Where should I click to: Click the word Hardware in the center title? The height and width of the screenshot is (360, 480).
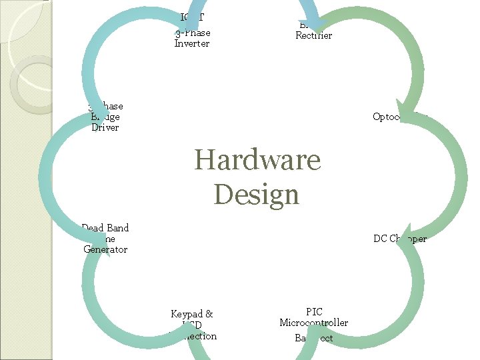(x=257, y=160)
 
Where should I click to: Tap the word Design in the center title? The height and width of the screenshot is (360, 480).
(x=257, y=195)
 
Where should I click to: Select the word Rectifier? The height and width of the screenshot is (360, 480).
(x=313, y=35)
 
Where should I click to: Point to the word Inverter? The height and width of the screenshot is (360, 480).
(x=192, y=43)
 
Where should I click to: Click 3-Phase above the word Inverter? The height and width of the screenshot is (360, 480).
(x=193, y=33)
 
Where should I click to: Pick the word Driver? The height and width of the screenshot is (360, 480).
(x=105, y=127)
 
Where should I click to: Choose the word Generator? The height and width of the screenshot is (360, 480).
(x=105, y=249)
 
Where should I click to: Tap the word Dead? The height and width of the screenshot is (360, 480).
(x=93, y=228)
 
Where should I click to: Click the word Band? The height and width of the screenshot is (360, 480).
(x=117, y=228)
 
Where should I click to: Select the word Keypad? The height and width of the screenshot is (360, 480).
(x=187, y=313)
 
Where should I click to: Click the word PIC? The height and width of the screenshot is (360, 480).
(x=314, y=312)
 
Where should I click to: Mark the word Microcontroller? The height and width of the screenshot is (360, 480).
(x=314, y=323)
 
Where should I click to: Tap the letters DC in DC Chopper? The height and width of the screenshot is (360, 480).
(x=380, y=239)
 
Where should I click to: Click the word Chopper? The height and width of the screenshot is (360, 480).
(x=408, y=239)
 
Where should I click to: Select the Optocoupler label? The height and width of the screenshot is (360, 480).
(x=399, y=117)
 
